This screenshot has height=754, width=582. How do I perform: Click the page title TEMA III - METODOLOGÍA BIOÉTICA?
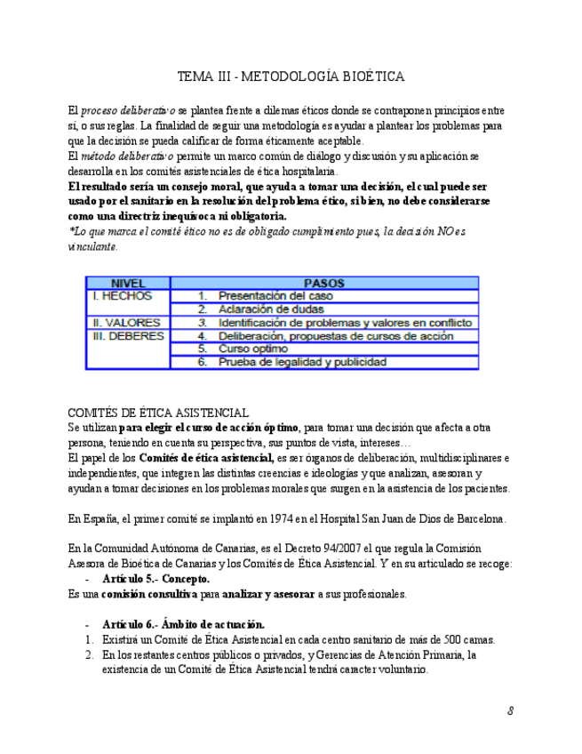coord(291,76)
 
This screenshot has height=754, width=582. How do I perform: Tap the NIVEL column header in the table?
coord(128,284)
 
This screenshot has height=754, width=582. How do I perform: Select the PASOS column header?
coord(323,284)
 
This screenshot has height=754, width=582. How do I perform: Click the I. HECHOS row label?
coord(122,296)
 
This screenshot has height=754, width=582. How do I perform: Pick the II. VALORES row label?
coord(125,323)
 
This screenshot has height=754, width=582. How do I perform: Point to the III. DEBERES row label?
coord(129,337)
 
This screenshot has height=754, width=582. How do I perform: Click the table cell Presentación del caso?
coord(275,296)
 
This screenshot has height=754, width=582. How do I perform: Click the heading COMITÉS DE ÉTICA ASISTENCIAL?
coord(158,413)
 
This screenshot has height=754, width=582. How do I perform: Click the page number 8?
coord(511,710)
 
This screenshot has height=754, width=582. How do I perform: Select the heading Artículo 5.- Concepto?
coord(155,578)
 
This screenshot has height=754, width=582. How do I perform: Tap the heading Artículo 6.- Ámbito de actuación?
coord(183,624)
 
